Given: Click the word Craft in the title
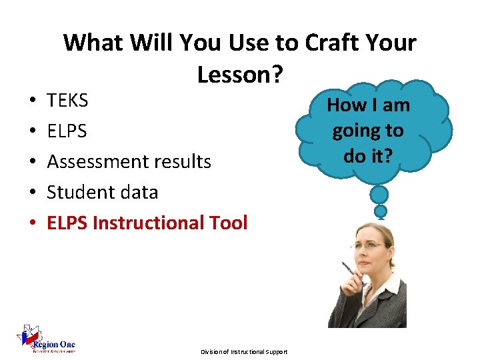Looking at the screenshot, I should click(336, 43).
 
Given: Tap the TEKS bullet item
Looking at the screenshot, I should click(67, 101).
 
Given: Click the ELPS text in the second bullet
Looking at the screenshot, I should click(67, 131).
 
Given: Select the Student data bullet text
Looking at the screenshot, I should click(102, 192).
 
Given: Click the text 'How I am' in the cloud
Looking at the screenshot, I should click(368, 105).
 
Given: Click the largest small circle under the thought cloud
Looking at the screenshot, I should click(379, 195).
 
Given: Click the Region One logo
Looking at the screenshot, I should click(46, 339).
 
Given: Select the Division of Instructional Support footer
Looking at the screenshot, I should click(244, 351).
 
